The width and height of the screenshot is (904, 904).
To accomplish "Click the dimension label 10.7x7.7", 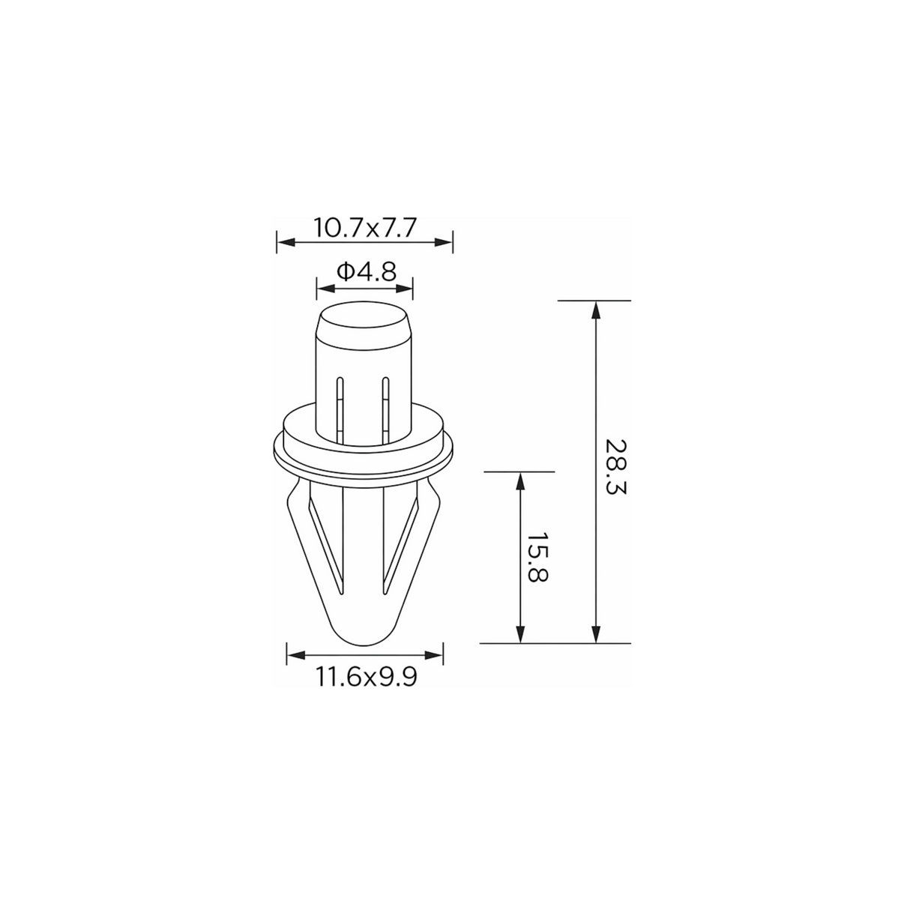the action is click(x=364, y=228).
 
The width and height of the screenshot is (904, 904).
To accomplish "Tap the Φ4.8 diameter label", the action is click(x=367, y=271).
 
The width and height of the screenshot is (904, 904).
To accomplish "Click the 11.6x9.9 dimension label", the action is click(x=367, y=677).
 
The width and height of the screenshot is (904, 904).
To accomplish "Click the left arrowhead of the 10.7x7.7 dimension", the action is click(x=286, y=242).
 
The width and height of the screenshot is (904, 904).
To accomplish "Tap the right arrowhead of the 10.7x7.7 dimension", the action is click(x=443, y=242).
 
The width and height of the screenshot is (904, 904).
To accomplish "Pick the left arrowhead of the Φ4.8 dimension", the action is click(x=326, y=289).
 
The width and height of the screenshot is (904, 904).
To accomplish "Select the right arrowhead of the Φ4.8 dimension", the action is click(x=403, y=289).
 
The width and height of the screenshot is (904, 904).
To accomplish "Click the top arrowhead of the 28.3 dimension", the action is click(x=596, y=310).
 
